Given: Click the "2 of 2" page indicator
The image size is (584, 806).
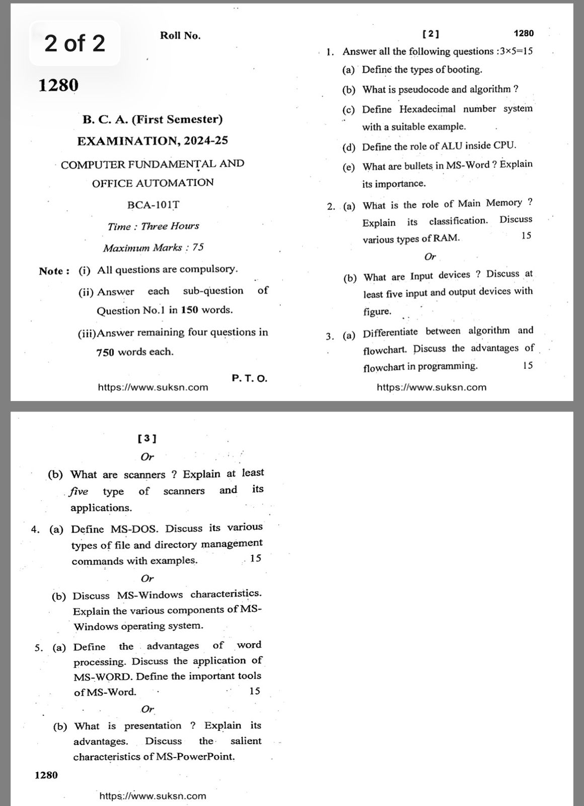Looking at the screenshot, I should click(x=75, y=43).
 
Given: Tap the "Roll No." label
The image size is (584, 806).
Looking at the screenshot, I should click(x=180, y=35).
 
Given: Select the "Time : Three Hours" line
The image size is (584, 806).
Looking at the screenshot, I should click(x=153, y=226).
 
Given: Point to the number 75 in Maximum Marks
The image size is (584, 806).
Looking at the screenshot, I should click(x=198, y=247).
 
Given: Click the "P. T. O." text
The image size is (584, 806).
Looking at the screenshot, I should click(x=250, y=378).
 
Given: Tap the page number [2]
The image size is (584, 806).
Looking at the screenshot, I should click(x=430, y=34).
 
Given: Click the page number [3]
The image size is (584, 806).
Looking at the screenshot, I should click(x=147, y=438).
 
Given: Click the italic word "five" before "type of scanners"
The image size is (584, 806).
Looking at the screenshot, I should click(x=79, y=491).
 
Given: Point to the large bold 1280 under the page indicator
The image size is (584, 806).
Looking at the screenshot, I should click(x=58, y=86).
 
